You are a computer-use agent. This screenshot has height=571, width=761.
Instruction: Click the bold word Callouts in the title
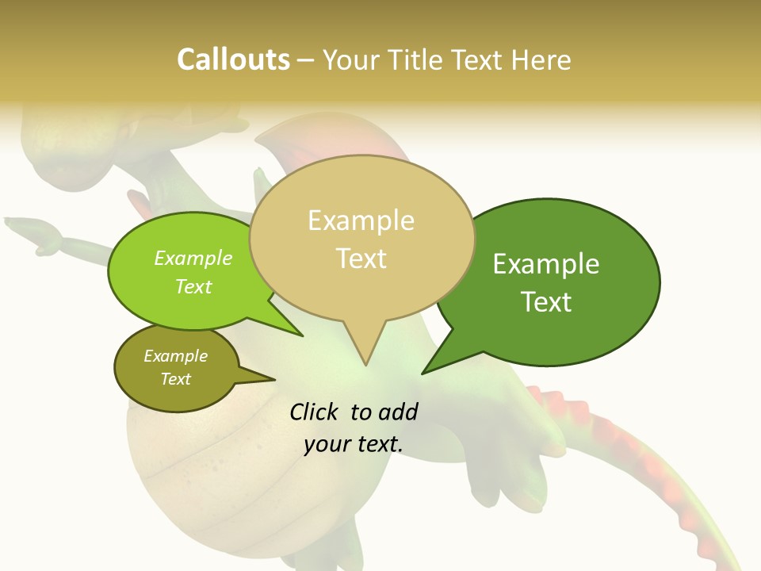click(x=233, y=59)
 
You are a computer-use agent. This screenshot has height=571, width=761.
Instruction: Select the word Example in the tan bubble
click(x=361, y=220)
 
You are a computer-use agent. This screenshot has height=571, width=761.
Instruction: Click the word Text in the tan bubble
click(x=361, y=259)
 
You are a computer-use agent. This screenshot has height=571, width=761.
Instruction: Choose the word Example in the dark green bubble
click(x=546, y=264)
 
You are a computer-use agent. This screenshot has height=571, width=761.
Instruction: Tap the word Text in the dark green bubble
click(x=546, y=302)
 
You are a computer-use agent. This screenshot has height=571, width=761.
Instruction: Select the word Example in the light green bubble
click(x=193, y=258)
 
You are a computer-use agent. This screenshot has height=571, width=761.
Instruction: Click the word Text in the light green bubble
click(x=193, y=286)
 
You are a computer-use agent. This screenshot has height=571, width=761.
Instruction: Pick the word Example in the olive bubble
click(x=175, y=356)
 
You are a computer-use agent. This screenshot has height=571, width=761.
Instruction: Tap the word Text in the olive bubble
click(x=175, y=379)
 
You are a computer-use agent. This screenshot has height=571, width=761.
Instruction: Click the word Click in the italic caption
click(x=314, y=412)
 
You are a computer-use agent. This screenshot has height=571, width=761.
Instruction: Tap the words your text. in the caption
click(x=354, y=444)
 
